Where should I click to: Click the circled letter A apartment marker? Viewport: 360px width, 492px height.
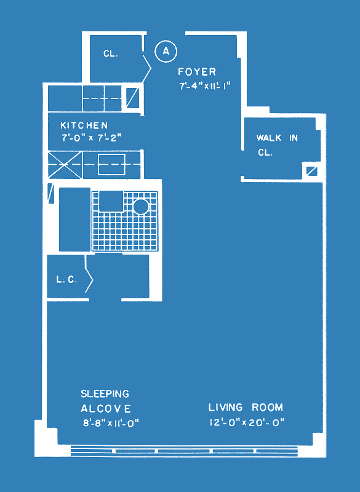tap(166, 51)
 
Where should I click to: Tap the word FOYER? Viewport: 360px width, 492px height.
tap(197, 72)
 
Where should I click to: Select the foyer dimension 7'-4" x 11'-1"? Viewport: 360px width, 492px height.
tap(206, 86)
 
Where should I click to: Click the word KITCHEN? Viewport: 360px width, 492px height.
tap(84, 125)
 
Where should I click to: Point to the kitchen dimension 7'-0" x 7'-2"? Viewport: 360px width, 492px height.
tap(91, 137)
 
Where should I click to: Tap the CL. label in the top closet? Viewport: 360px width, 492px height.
tap(111, 54)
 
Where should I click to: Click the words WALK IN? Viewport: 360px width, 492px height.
tap(277, 138)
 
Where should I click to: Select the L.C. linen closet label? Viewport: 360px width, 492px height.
tap(66, 280)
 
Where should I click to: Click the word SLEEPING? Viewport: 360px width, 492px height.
tap(105, 394)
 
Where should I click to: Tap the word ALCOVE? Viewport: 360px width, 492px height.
tap(106, 408)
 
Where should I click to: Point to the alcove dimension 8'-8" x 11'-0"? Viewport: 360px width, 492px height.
tap(111, 423)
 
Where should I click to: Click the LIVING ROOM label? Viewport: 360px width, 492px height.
tap(246, 407)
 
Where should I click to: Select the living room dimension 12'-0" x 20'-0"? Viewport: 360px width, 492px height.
tap(247, 422)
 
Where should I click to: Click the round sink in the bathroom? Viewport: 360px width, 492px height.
tap(140, 207)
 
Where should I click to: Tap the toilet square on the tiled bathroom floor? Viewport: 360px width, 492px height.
tap(111, 201)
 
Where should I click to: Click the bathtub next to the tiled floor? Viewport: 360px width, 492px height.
tap(74, 220)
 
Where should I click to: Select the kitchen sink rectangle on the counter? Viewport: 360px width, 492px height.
tap(111, 164)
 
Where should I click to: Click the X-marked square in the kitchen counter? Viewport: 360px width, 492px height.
tap(65, 165)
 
